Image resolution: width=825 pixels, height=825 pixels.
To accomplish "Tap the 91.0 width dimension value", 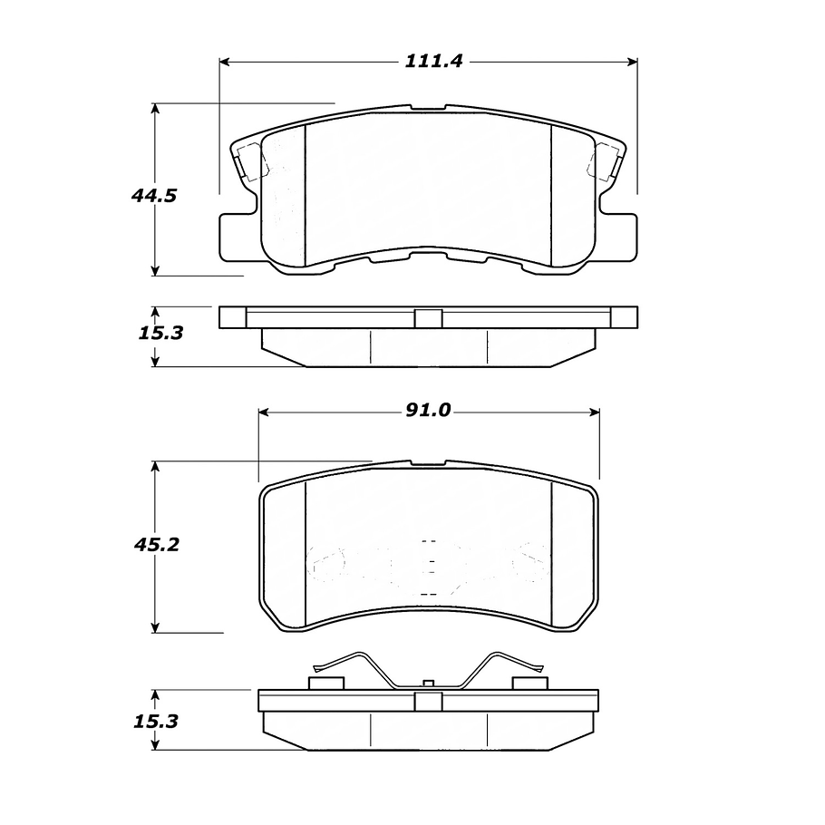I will point(428,411).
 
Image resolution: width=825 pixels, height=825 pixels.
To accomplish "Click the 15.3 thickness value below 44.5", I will point(160,334).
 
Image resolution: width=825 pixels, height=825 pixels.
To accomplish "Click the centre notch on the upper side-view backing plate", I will point(428,318).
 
